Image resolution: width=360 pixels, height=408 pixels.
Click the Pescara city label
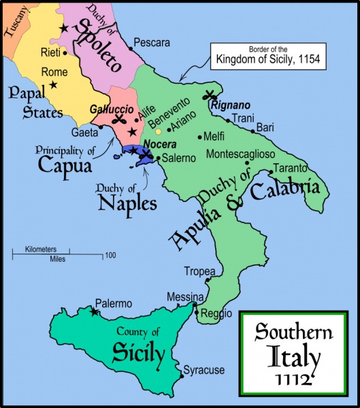point(152,42)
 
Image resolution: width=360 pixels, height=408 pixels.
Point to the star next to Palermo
point(95,312)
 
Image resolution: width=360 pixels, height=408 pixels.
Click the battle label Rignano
point(231,106)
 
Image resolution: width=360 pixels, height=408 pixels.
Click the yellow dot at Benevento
point(159,131)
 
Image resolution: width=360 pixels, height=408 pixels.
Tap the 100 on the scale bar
point(110,256)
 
